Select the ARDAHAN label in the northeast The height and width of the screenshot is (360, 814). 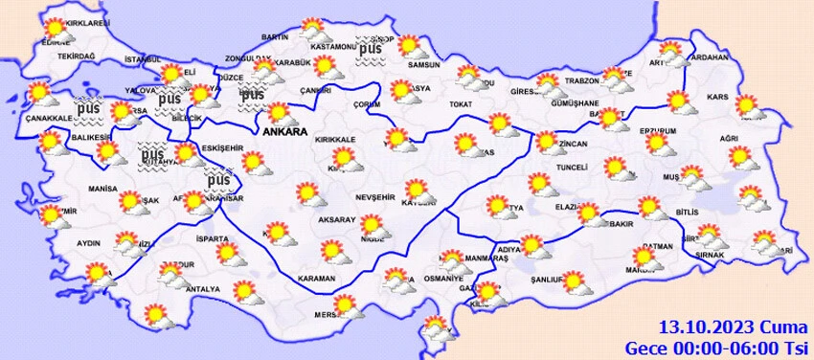click(x=709, y=56)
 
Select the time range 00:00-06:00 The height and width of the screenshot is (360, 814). click(x=724, y=346)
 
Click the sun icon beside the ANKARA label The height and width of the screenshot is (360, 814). click(x=278, y=113)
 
